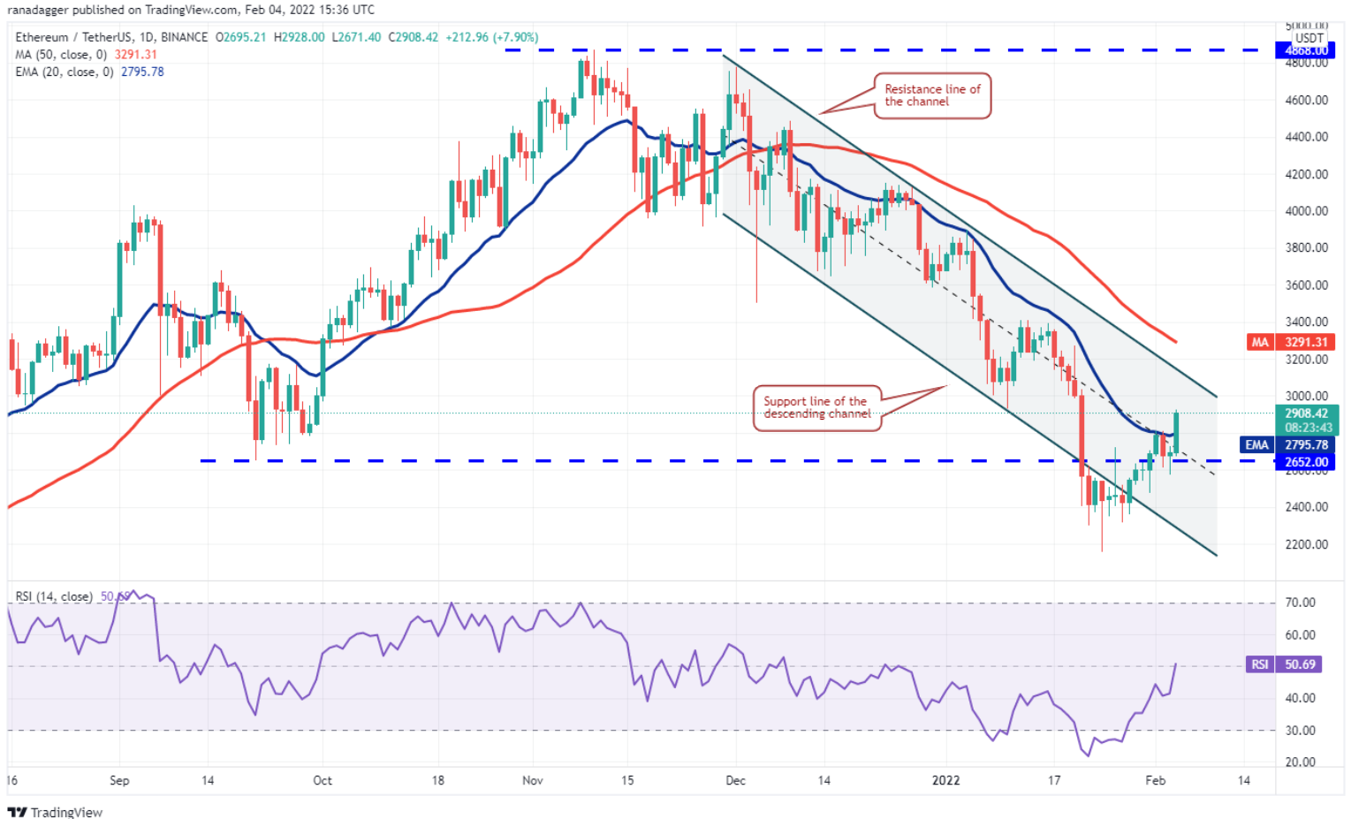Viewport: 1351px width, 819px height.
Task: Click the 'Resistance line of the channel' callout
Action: (931, 95)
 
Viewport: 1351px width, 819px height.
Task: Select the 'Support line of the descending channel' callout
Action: (816, 407)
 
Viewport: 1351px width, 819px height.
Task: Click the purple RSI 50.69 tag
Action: (1285, 664)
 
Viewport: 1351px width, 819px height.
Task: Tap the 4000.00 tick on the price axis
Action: (1306, 211)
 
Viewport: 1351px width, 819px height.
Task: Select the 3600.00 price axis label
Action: (1306, 285)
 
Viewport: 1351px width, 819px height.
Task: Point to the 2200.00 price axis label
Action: (1306, 544)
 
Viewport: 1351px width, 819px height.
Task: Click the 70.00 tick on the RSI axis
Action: (1300, 603)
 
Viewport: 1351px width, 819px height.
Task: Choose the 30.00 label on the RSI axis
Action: (1300, 731)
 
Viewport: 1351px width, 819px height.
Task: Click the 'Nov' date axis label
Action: (533, 781)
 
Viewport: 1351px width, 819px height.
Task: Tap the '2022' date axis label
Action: (945, 781)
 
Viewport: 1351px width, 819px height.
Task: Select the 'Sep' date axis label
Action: (119, 781)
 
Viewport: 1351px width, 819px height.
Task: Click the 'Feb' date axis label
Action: (1155, 781)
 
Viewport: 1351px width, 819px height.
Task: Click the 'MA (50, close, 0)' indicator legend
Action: (61, 55)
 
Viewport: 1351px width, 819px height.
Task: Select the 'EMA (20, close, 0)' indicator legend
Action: (65, 72)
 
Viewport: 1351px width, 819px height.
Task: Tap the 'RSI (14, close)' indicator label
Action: (54, 596)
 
